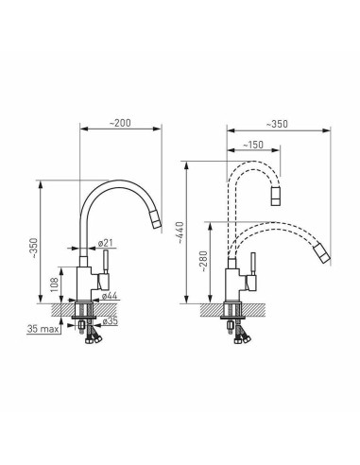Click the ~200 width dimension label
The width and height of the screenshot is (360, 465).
tap(120, 123)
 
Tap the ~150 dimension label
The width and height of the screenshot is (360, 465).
tap(253, 145)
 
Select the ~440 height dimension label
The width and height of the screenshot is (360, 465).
tap(180, 232)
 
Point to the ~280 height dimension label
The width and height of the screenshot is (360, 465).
tap(204, 261)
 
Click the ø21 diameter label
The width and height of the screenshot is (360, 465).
tap(105, 243)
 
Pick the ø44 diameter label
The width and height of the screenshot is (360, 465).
tap(110, 296)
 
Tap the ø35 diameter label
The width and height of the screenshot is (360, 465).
tap(110, 321)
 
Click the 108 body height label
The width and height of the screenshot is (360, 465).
tap(55, 284)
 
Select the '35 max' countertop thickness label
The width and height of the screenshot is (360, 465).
tap(43, 329)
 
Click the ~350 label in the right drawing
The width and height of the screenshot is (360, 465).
tap(277, 124)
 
